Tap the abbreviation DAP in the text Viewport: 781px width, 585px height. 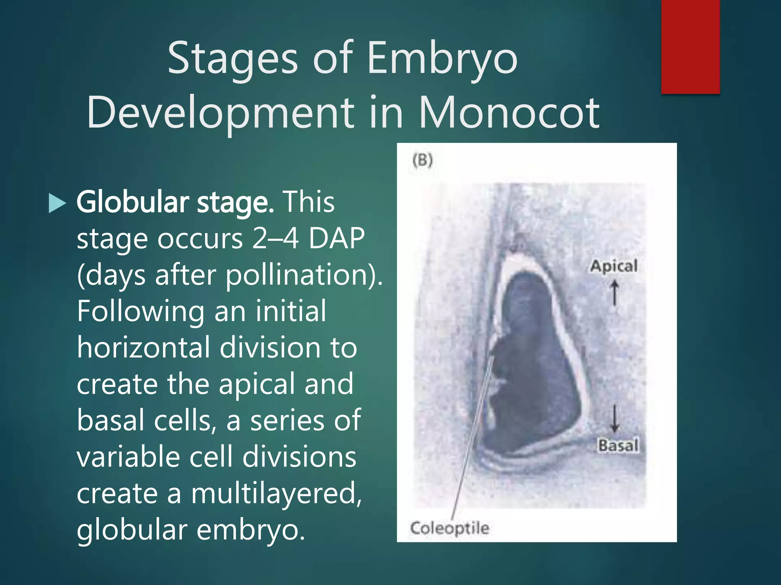coord(336,238)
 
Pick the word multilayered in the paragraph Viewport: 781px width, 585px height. coord(276,493)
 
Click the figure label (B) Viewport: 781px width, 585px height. coord(423,160)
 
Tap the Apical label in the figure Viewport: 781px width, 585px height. coord(614,266)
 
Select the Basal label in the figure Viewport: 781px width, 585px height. coord(618,445)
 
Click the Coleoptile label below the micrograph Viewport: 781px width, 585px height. coord(450,528)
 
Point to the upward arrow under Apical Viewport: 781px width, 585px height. coord(614,292)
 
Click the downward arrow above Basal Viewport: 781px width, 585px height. coord(614,418)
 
